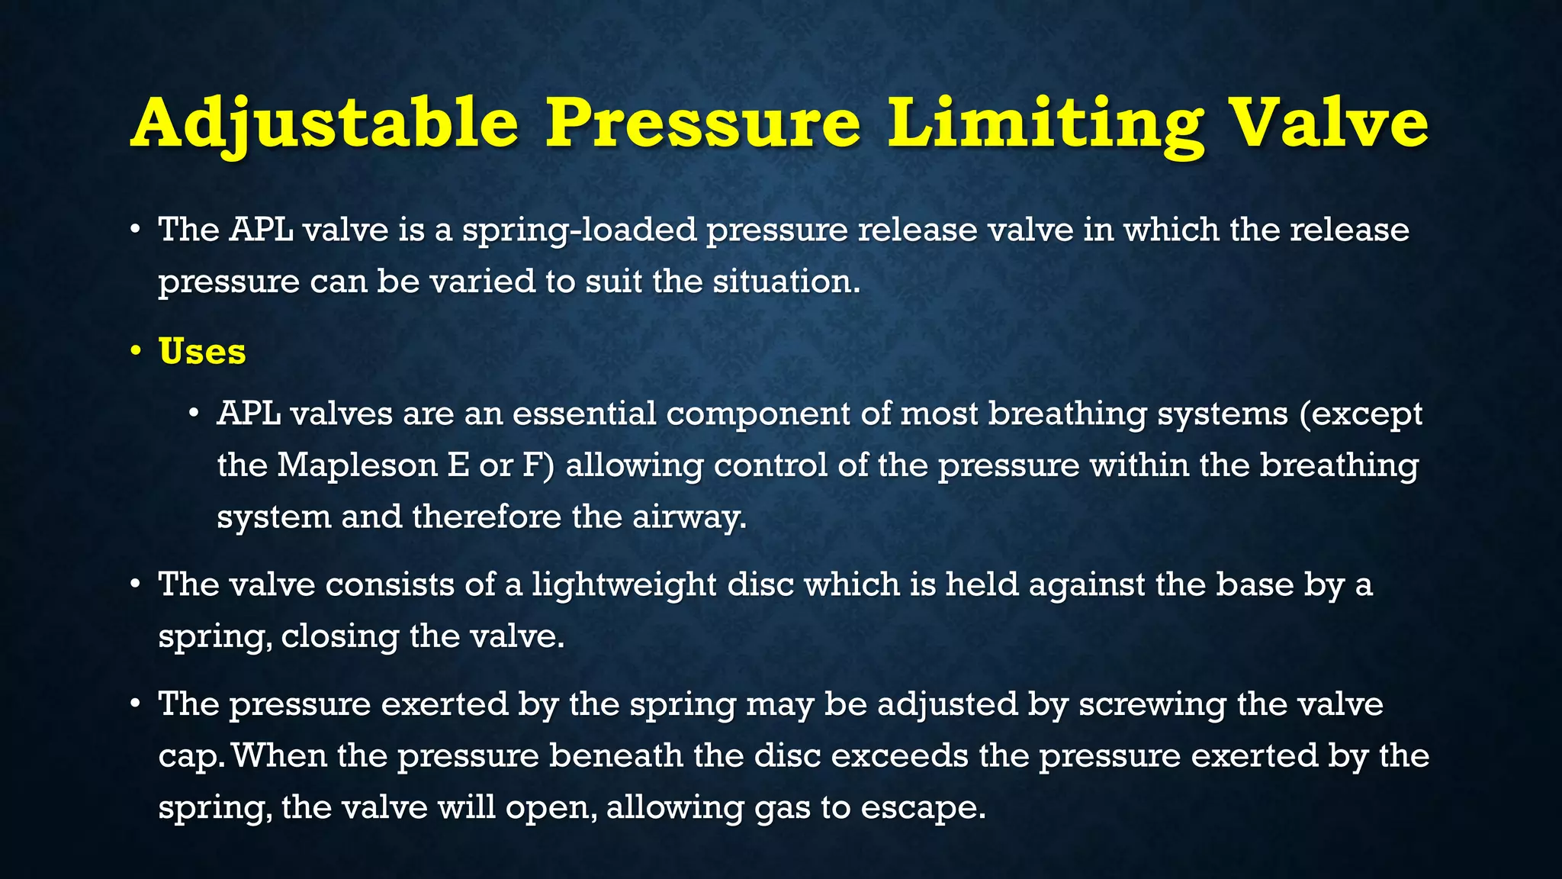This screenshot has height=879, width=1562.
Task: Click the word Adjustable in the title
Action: [x=325, y=124]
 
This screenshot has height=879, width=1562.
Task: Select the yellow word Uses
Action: [x=202, y=351]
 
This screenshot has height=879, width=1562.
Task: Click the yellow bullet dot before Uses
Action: [x=136, y=351]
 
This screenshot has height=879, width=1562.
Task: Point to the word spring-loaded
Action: [x=579, y=230]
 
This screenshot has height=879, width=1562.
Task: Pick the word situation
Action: [x=786, y=282]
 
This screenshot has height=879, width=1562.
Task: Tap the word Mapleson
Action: [x=357, y=465]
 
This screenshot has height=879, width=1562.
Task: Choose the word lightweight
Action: [x=624, y=585]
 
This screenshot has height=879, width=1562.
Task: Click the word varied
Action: [x=483, y=282]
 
